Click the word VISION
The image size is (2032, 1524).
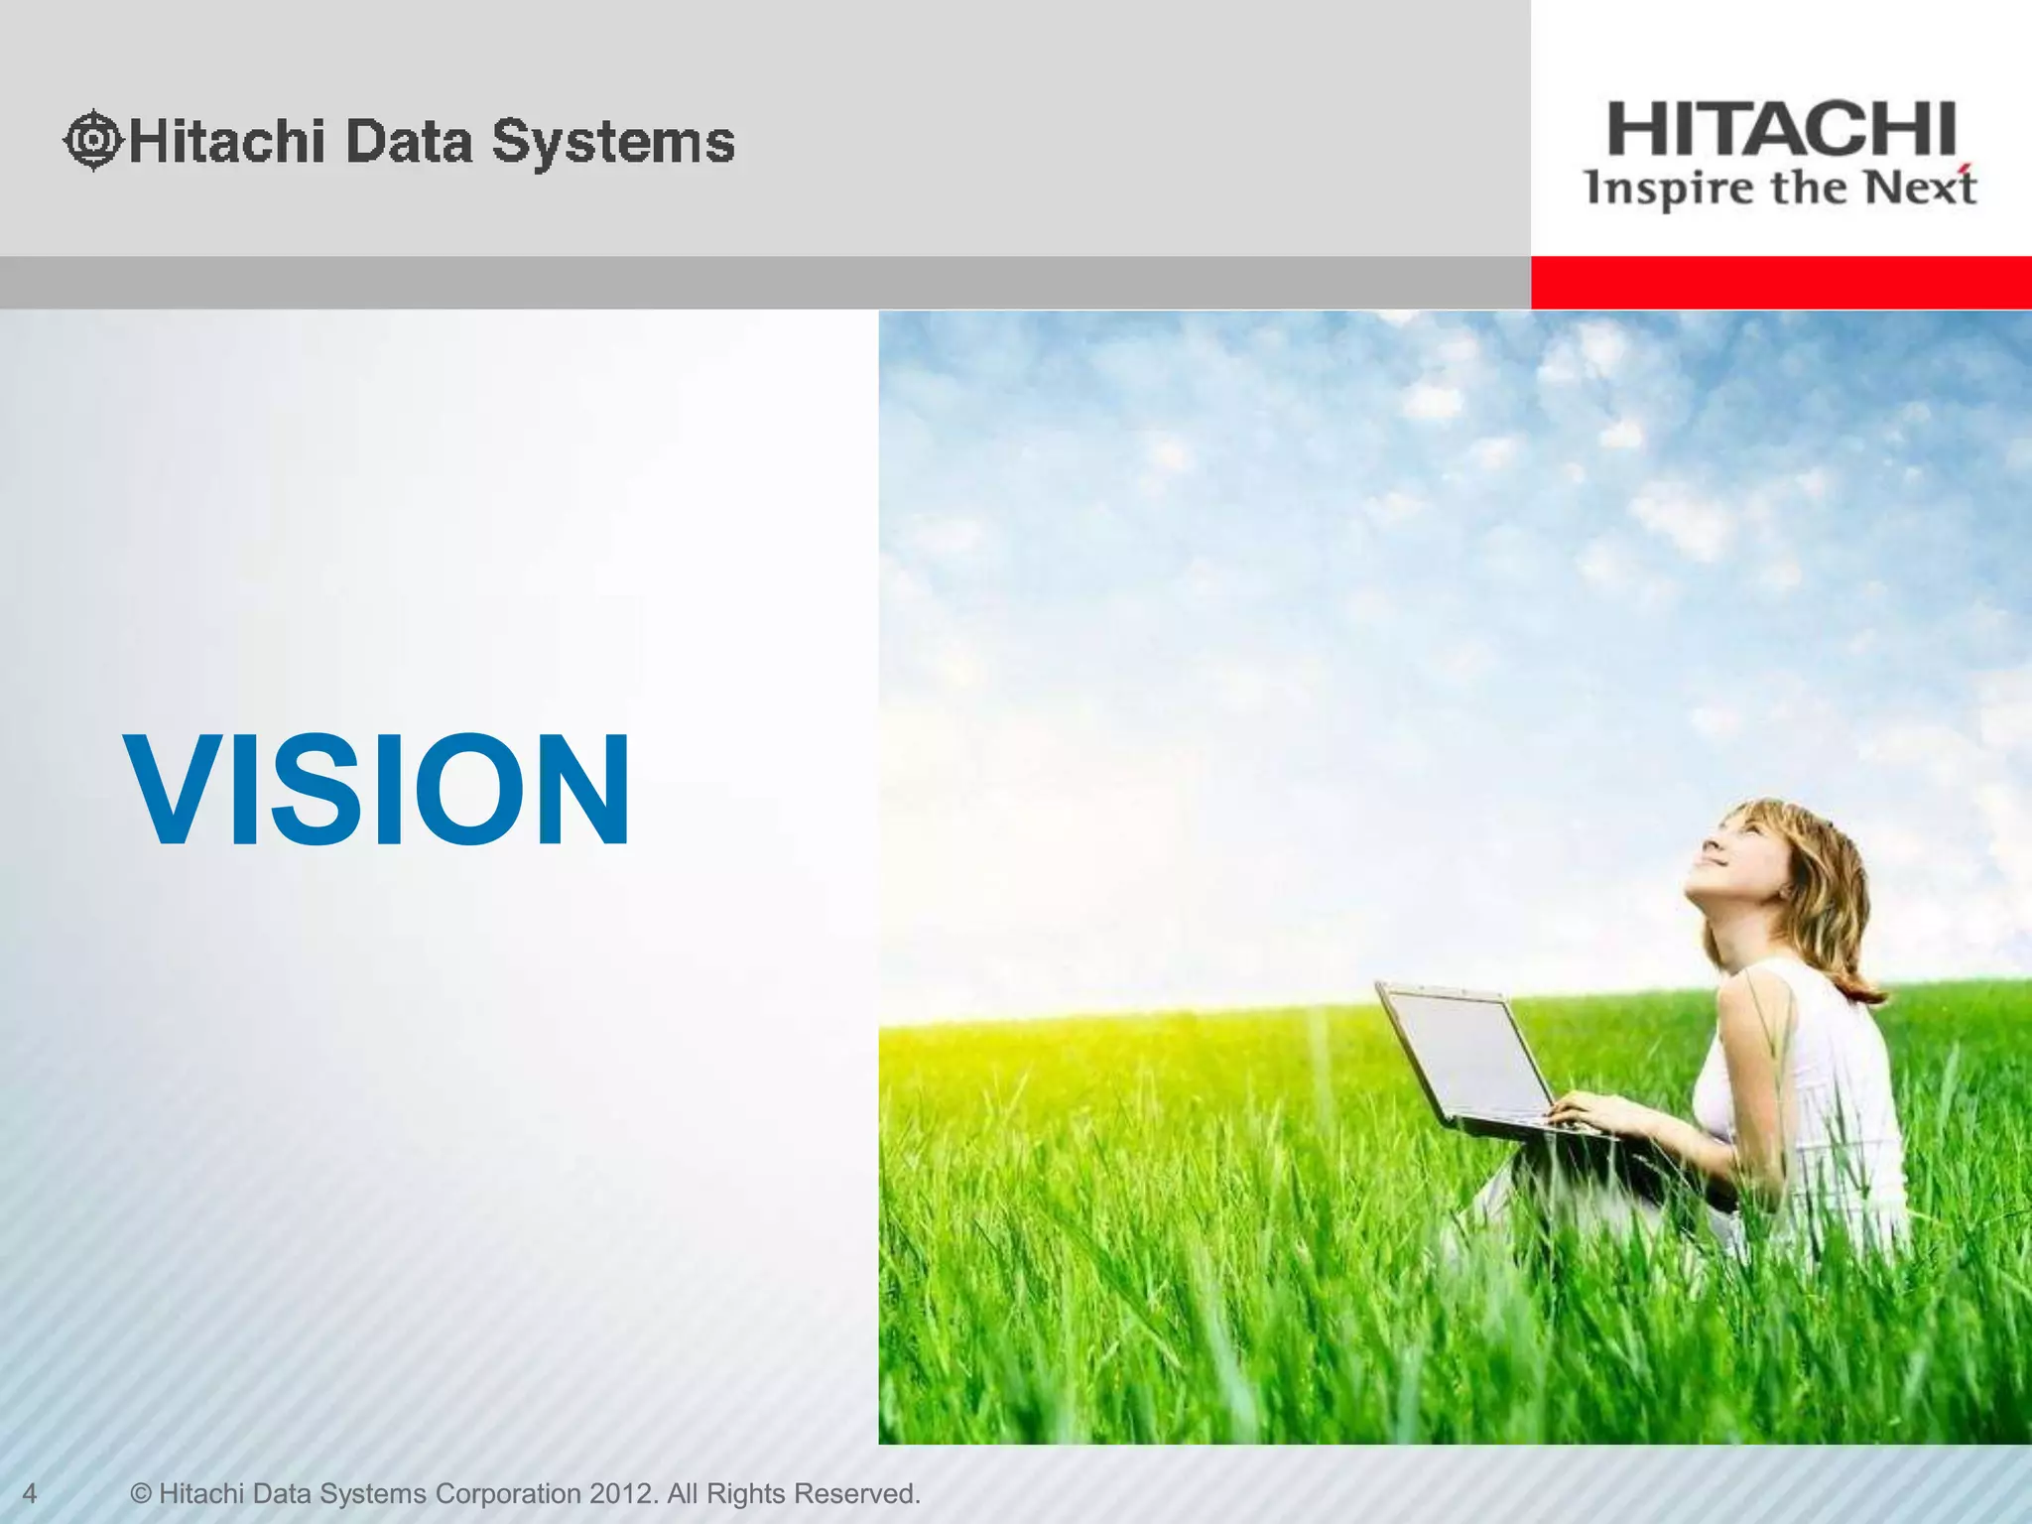click(377, 791)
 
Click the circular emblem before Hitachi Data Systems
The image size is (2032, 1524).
click(92, 140)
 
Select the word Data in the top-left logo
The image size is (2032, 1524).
click(409, 141)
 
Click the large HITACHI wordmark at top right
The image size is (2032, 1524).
click(1781, 129)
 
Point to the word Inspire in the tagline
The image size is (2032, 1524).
click(1654, 189)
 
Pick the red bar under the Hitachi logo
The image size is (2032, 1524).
click(1781, 283)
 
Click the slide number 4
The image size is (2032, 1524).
click(30, 1493)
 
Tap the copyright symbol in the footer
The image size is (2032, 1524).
click(142, 1493)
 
